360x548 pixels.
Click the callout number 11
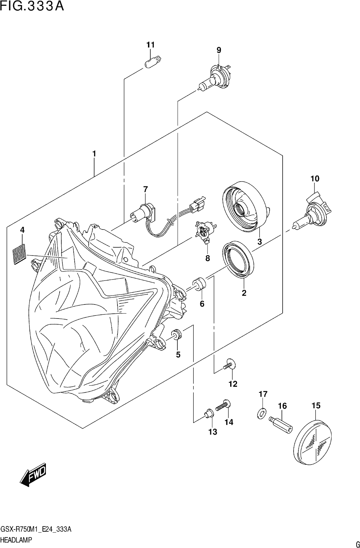pyautogui.click(x=150, y=45)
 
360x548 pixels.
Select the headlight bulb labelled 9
pyautogui.click(x=215, y=77)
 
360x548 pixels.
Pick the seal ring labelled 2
pyautogui.click(x=238, y=259)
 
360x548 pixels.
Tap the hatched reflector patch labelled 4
pyautogui.click(x=19, y=254)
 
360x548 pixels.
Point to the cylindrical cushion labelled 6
pyautogui.click(x=200, y=284)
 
